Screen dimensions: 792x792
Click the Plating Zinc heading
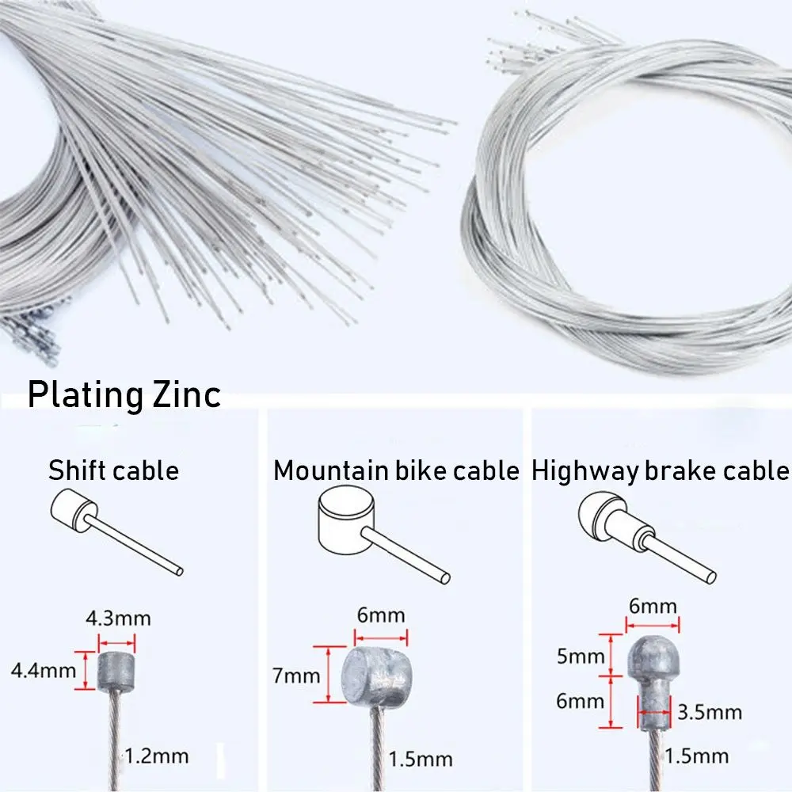(x=124, y=394)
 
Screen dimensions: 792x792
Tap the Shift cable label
(x=113, y=471)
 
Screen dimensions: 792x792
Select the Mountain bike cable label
(x=396, y=471)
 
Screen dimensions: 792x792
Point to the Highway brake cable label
(x=661, y=471)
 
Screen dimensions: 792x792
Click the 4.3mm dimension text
(x=119, y=617)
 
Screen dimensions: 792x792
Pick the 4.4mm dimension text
(x=37, y=672)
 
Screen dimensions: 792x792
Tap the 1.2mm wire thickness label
(x=157, y=756)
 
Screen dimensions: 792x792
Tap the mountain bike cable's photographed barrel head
(x=375, y=676)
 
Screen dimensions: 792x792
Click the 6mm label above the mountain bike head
(x=381, y=615)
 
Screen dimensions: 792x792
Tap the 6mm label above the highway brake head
(x=653, y=607)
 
